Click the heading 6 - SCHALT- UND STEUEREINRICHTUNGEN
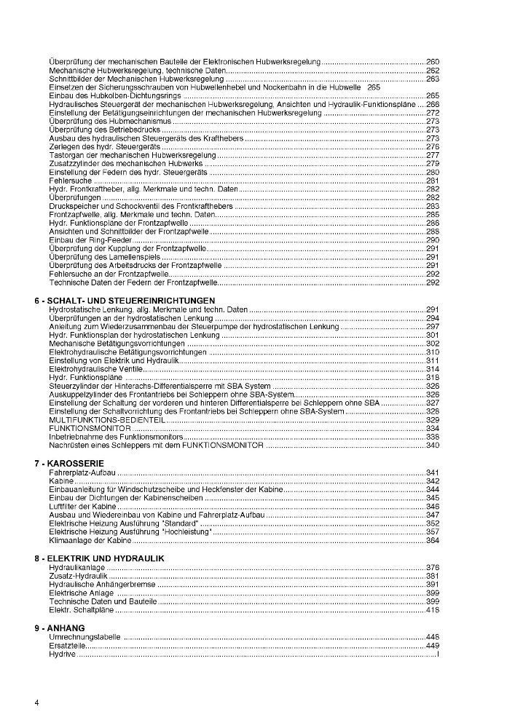(x=125, y=300)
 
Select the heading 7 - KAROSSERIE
(x=70, y=463)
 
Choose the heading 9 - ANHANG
(x=60, y=628)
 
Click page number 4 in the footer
(x=36, y=703)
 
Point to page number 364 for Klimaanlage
(x=432, y=541)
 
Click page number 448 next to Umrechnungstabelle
(x=432, y=637)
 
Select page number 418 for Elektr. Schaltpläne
(x=432, y=610)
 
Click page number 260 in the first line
(x=432, y=61)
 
